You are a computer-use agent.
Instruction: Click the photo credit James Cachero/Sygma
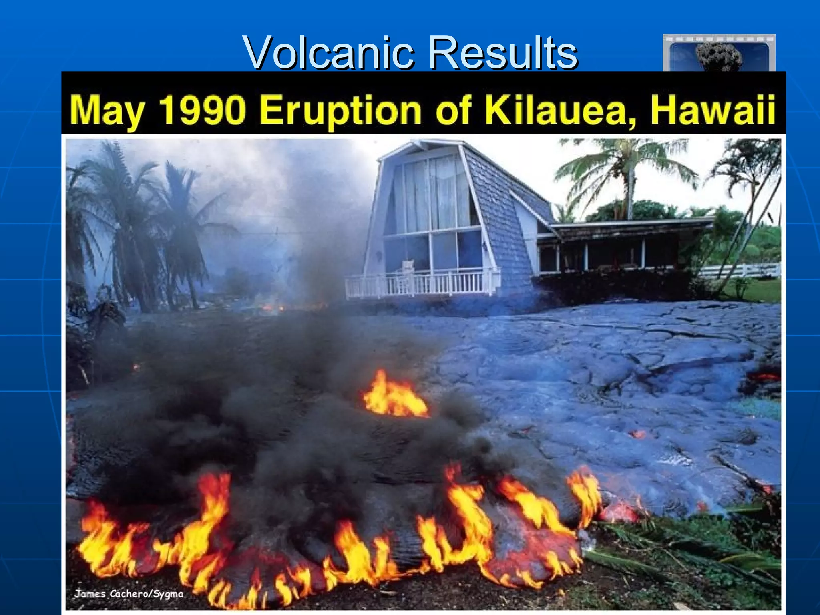pos(129,593)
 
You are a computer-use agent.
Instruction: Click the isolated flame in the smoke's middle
pos(394,396)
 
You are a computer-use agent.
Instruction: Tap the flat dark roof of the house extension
pos(633,224)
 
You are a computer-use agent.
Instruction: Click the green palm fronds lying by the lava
pos(681,545)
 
